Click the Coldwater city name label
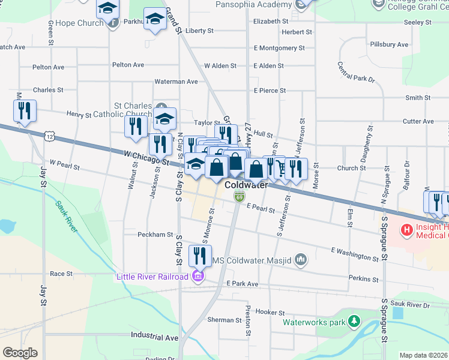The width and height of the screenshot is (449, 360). coord(246,185)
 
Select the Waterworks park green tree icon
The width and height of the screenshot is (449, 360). coord(354,322)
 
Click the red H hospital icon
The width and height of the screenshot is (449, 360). coord(406,229)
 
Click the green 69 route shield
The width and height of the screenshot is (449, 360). coord(239,196)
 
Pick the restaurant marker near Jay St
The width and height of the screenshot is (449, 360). coord(25,111)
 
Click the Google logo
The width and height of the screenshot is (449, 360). coord(20,352)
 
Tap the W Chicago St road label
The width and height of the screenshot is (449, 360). coord(146,157)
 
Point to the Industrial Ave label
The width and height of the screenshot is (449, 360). coord(154,338)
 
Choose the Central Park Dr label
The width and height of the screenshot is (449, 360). coord(356,72)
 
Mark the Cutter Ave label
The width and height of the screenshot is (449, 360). coord(418,121)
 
